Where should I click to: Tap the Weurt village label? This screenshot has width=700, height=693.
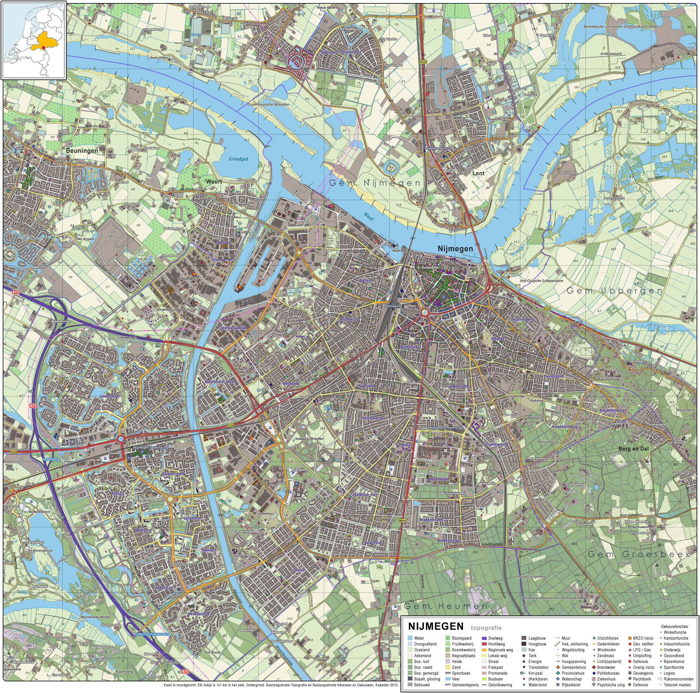214,181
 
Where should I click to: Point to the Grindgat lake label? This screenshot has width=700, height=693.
239,159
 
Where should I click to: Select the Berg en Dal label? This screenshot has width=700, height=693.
633,449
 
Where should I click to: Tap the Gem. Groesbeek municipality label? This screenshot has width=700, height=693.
638,554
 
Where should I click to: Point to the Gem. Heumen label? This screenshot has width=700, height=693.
446,606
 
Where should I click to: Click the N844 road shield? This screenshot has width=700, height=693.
401,521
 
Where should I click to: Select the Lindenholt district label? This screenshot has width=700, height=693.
109,396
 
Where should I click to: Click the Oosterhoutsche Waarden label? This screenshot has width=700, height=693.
268,104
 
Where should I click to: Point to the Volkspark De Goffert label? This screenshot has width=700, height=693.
309,439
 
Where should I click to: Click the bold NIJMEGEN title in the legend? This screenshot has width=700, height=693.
435,626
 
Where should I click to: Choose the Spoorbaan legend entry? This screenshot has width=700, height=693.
461,673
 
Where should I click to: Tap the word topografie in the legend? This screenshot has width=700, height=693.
486,628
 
